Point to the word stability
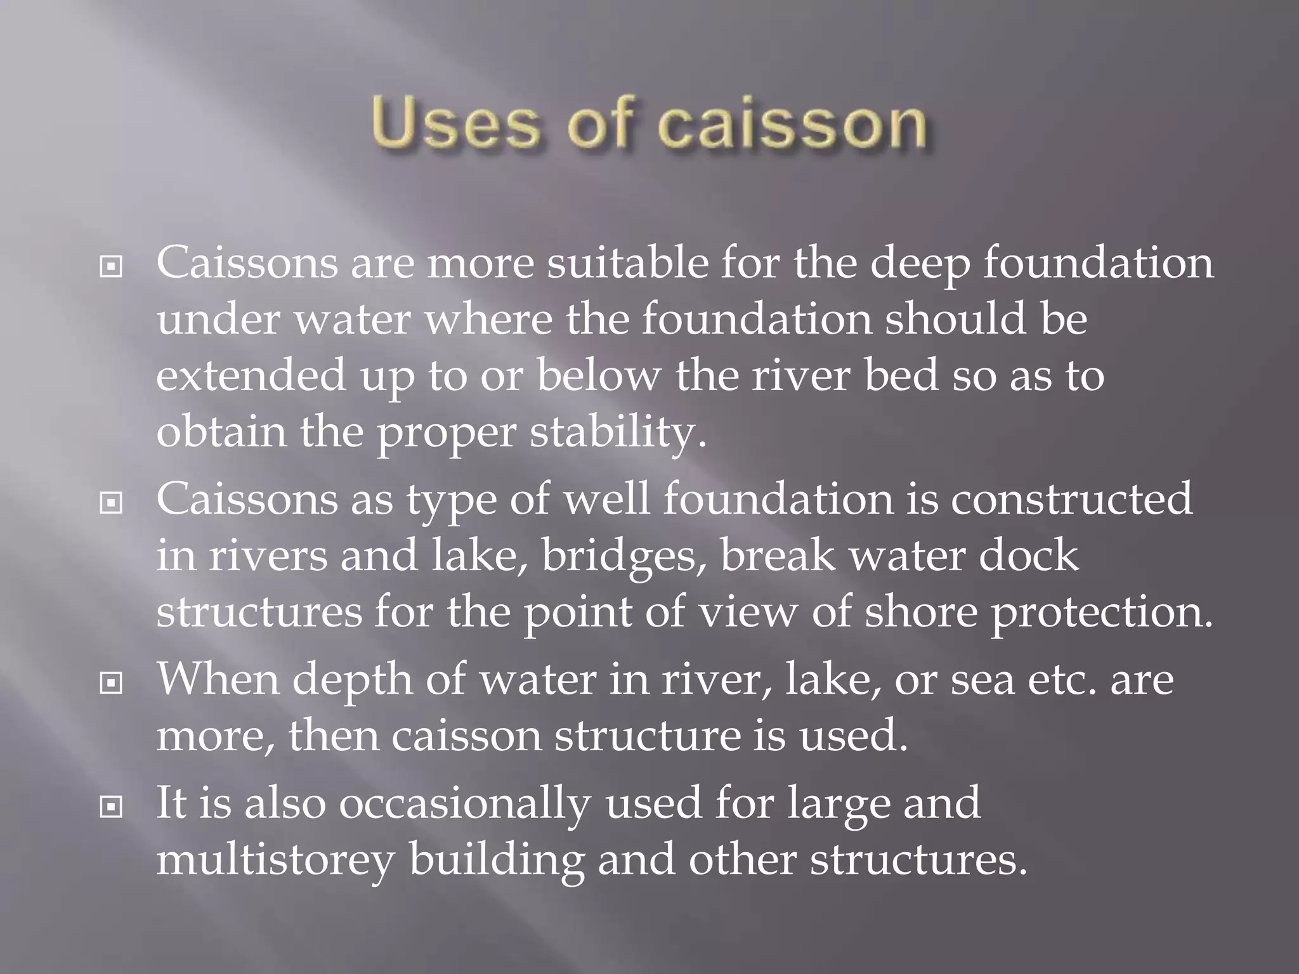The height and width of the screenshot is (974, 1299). (618, 432)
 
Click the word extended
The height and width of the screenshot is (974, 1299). (251, 375)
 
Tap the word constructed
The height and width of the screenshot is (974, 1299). (1071, 498)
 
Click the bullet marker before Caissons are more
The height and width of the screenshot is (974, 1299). (111, 267)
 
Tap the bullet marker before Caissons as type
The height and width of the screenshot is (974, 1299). (111, 503)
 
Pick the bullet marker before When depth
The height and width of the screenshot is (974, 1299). (111, 684)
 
